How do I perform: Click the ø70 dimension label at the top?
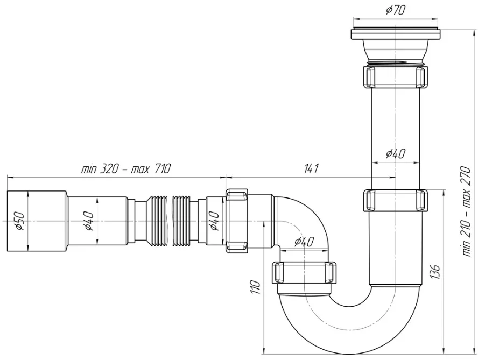pyautogui.click(x=396, y=10)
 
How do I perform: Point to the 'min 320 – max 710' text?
pyautogui.click(x=125, y=168)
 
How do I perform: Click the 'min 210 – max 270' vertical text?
pyautogui.click(x=467, y=211)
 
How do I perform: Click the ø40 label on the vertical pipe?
pyautogui.click(x=396, y=153)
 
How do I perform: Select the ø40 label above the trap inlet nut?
pyautogui.click(x=304, y=242)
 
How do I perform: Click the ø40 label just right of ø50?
pyautogui.click(x=88, y=221)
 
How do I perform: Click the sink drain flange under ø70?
pyautogui.click(x=396, y=46)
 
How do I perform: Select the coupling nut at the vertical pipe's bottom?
pyautogui.click(x=396, y=200)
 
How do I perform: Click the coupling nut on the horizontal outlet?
pyautogui.click(x=237, y=220)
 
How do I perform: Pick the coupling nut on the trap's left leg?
pyautogui.click(x=304, y=272)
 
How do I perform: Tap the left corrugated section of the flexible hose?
pyautogui.click(x=157, y=221)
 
